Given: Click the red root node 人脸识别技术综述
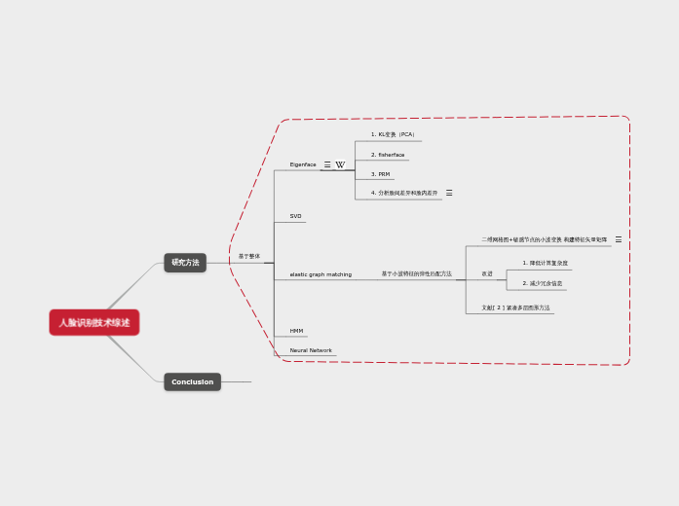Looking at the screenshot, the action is point(94,322).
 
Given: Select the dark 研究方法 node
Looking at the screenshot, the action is point(185,263).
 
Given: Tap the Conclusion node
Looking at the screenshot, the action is point(192,381).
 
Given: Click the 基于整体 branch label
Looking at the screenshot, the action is point(249,256).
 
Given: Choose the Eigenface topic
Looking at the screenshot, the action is point(303,164).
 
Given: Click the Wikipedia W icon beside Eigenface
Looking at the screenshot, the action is point(340,164).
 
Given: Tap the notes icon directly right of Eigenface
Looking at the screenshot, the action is point(327,164).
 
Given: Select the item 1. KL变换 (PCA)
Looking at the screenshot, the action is point(393,134).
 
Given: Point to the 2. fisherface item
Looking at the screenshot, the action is point(388,155).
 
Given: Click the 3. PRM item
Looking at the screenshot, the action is point(380,174).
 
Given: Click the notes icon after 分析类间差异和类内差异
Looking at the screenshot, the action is point(449,193).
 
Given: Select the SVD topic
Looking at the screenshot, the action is point(296,216).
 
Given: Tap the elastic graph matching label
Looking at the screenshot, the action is point(321,274).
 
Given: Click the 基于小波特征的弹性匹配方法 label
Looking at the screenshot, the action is point(416,274).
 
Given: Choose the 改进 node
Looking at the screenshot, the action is point(487,273).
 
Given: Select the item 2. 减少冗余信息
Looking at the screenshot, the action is point(543,283).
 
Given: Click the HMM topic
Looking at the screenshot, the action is point(296,331).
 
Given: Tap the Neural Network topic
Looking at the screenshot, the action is point(311,350).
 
